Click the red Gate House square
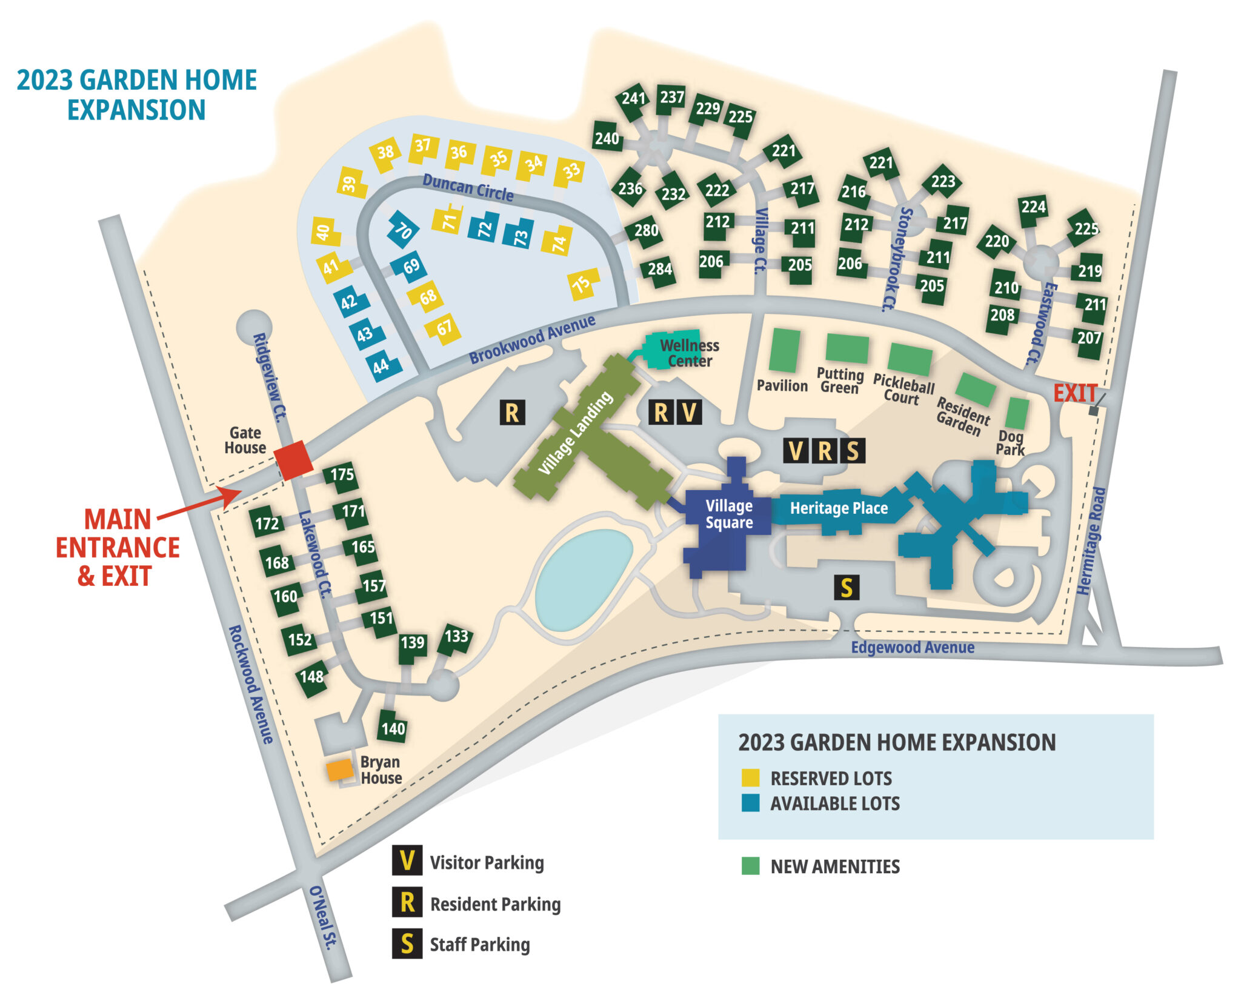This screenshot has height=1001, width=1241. point(294,460)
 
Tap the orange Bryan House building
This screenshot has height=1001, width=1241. point(340,770)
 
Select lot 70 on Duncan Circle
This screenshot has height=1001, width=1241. point(403,230)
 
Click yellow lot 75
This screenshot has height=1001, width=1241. point(582,284)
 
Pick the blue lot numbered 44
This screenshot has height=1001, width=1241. point(382,366)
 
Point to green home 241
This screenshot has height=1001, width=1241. point(633,98)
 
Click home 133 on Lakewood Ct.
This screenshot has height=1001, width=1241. point(455,637)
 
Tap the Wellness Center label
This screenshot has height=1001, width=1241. point(689,353)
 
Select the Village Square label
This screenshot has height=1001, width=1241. point(728,514)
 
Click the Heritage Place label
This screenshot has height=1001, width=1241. point(839,508)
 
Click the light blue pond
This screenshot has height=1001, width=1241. point(583,579)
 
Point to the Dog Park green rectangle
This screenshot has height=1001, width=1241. point(1017,413)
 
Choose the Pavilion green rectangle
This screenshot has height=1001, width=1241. point(784,350)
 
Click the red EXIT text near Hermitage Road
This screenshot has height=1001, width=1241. point(1075,393)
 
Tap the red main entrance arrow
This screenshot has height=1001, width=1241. point(200,505)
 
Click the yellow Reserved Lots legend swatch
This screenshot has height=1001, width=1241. point(750,777)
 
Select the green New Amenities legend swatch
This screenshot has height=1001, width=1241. point(750,866)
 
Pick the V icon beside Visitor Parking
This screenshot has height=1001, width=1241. point(407,861)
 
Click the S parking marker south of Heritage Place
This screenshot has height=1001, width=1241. point(846,588)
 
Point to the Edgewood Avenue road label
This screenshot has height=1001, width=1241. point(912,648)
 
